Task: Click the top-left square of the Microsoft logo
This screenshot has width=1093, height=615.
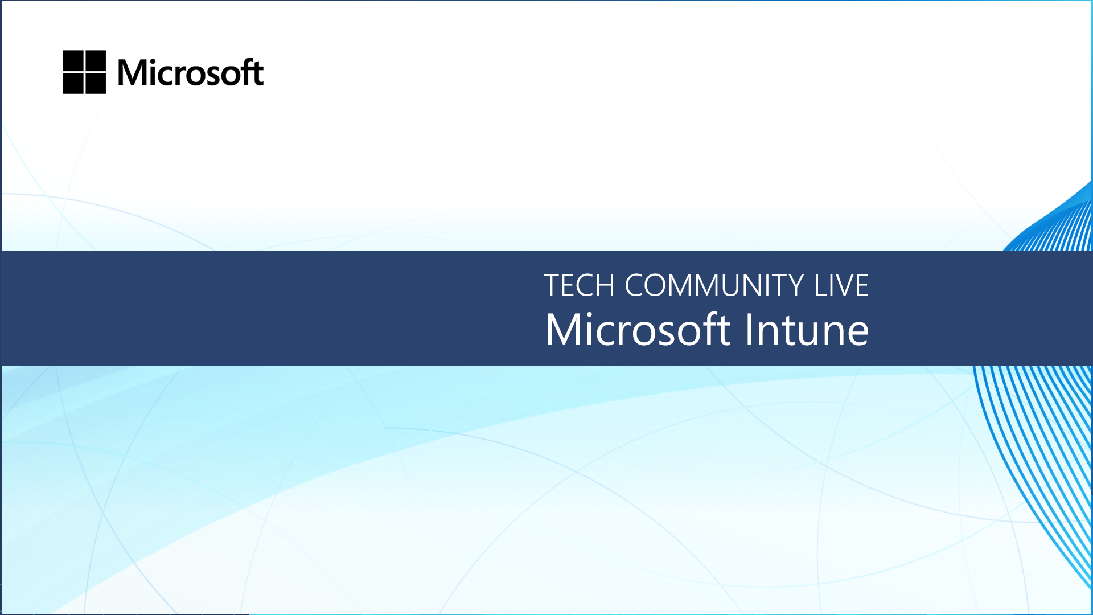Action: (x=73, y=60)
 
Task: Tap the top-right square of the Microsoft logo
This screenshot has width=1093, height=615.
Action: (x=96, y=60)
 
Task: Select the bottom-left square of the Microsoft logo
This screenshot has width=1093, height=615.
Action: (x=73, y=83)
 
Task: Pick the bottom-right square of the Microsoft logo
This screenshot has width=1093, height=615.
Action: (x=96, y=83)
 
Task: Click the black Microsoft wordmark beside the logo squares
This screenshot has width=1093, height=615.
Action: (x=191, y=72)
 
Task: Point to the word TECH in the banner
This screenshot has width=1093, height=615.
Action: (x=579, y=285)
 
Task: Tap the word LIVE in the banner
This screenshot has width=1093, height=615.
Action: (x=841, y=285)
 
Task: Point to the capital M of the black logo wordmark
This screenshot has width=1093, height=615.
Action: (x=132, y=73)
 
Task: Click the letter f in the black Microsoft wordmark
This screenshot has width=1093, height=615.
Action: (x=246, y=72)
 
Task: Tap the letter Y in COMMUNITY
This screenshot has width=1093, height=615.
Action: (x=794, y=285)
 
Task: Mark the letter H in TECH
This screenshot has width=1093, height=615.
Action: (x=605, y=285)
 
